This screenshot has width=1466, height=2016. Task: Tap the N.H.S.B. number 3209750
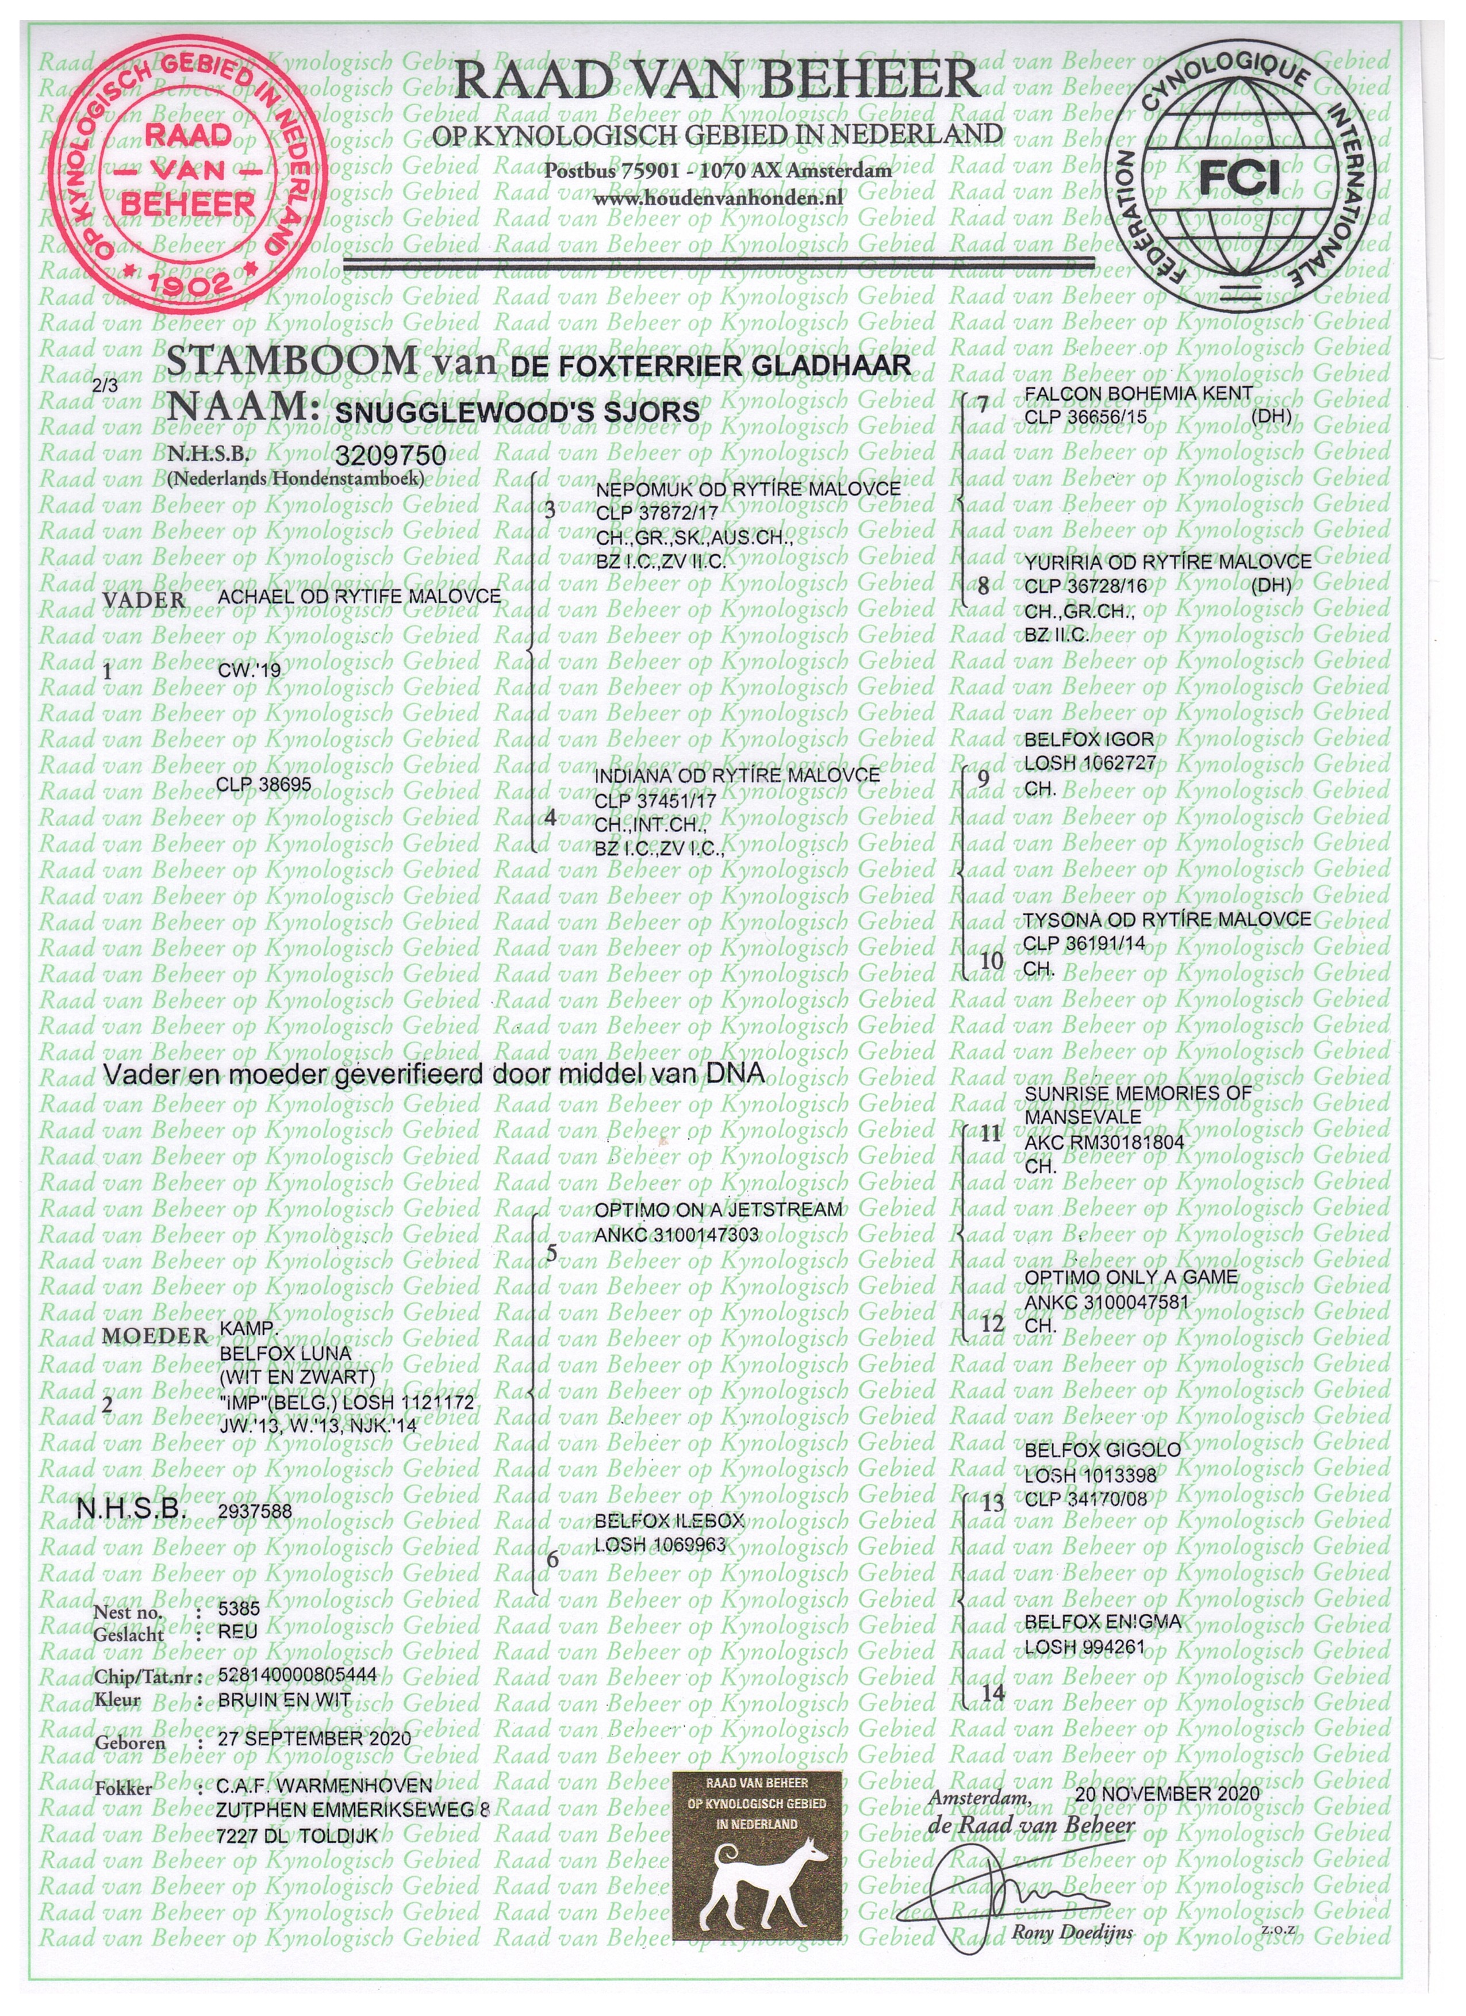tap(390, 456)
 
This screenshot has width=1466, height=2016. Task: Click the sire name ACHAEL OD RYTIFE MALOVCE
tap(359, 597)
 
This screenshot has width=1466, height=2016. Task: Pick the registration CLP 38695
tap(263, 785)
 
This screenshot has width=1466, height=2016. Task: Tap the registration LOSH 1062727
tap(1090, 763)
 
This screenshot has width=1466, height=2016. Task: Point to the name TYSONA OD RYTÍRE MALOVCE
tap(1166, 919)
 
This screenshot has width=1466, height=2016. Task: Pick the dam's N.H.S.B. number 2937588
tap(254, 1510)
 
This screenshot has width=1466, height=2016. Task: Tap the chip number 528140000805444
tap(297, 1675)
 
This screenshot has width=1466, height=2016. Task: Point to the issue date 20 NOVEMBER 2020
tap(1166, 1793)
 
